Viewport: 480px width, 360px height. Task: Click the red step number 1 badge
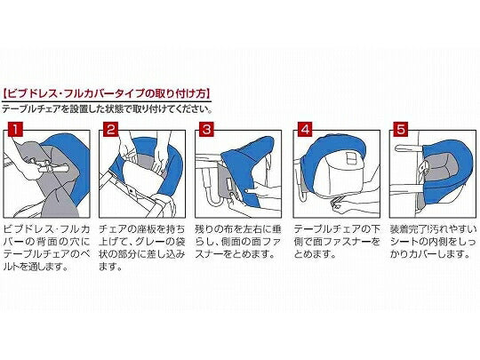coord(14,130)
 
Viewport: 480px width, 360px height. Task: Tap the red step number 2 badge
coord(110,130)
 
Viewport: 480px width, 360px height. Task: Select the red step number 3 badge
coord(207,130)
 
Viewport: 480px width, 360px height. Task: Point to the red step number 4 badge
coord(305,130)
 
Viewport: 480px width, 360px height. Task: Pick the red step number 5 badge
coord(401,130)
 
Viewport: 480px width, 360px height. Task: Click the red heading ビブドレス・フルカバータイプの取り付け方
coord(107,93)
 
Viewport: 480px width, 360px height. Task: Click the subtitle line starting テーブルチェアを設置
coord(108,109)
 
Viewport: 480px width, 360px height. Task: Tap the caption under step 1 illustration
coord(46,248)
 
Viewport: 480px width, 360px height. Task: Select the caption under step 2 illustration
coord(142,248)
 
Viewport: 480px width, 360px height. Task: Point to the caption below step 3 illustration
coord(238,242)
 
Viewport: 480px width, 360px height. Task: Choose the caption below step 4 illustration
coord(337,242)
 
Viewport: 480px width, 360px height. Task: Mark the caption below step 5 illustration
coord(433,242)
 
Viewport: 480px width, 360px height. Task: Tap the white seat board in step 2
coord(140,174)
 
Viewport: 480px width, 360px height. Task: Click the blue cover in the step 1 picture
coord(71,159)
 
